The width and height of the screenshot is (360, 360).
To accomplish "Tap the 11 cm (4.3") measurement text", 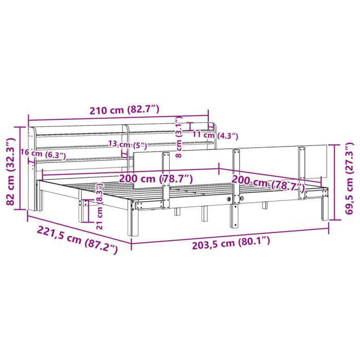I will [215, 136].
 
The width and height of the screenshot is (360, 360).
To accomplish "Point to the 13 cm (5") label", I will [127, 145].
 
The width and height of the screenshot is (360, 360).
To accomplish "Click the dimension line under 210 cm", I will [118, 118].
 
